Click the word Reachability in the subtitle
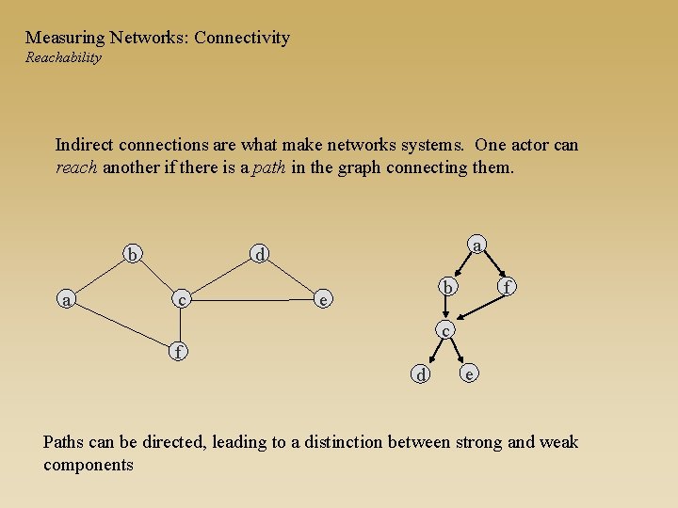coord(63,57)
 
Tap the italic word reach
coord(75,168)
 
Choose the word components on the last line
coord(89,466)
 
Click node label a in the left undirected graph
coord(65,300)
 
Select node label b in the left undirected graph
coord(134,254)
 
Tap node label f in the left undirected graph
coord(177,352)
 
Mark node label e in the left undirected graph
coord(323,300)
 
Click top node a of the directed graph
coord(477,246)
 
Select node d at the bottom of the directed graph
coord(423,374)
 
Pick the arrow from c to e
coord(457,350)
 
